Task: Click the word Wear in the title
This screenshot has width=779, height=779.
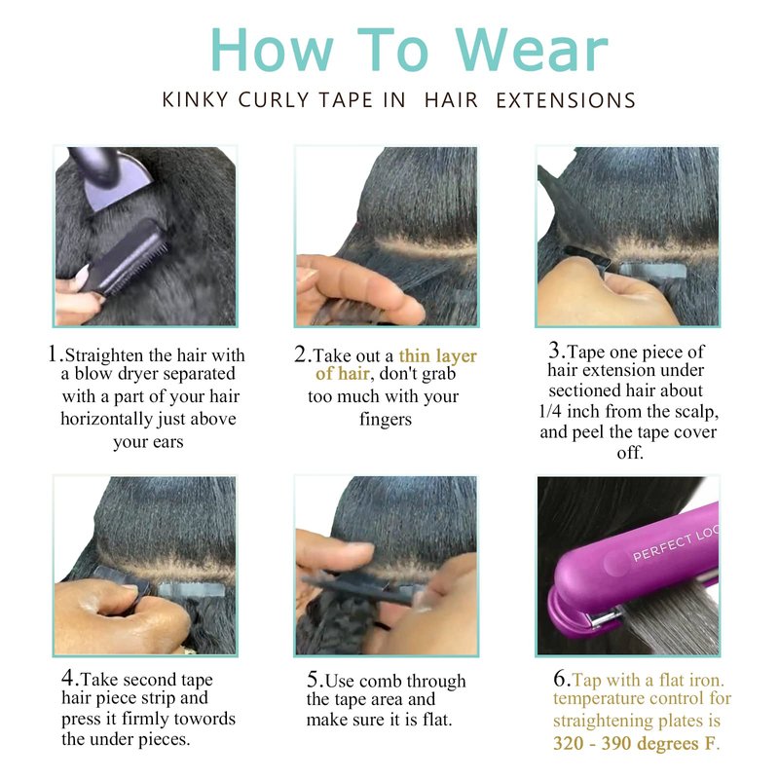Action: (x=532, y=50)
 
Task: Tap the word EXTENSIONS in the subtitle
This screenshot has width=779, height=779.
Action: (x=566, y=100)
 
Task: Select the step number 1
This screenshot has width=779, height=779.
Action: (x=54, y=353)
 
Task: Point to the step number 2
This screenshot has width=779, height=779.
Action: (x=301, y=353)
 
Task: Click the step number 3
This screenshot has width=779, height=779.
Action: (x=555, y=350)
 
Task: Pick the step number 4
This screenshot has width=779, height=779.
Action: (x=68, y=677)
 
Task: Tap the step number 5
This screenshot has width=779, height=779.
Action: (x=313, y=678)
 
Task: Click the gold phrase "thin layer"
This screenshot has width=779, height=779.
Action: (x=437, y=355)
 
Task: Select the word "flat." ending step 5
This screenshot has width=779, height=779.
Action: (x=436, y=720)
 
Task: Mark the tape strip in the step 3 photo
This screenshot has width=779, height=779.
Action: (x=654, y=272)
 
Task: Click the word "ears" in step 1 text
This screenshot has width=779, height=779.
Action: (x=167, y=442)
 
